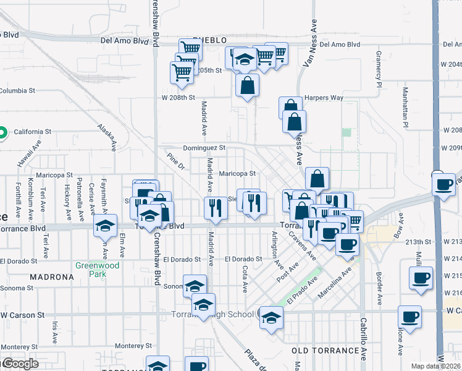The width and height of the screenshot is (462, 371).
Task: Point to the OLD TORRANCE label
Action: point(325,351)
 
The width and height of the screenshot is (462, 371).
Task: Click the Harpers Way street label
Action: point(324,98)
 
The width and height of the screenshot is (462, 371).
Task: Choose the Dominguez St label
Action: point(204,148)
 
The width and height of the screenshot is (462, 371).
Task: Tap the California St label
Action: point(32,132)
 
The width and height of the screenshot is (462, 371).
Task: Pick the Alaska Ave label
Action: point(106,137)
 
